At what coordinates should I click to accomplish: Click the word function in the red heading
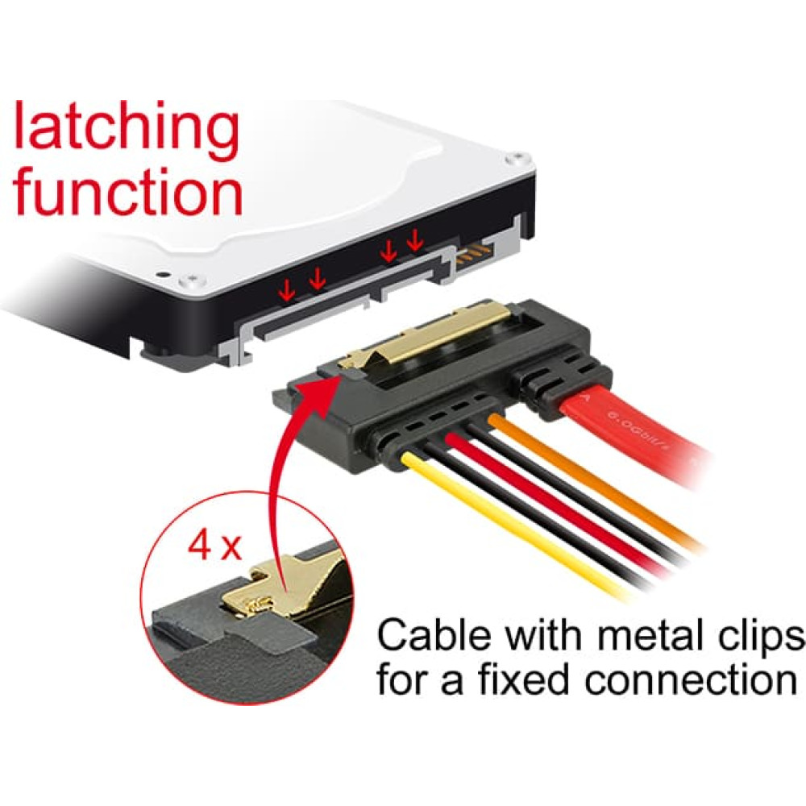pos(128,190)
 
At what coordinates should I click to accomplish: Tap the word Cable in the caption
pos(434,635)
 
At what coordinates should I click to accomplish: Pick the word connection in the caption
pos(691,679)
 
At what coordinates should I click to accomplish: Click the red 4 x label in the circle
pos(214,546)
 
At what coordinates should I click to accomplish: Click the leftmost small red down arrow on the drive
pos(286,292)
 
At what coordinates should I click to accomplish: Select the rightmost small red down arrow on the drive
pos(415,240)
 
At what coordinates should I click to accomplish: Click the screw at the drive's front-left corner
pos(193,280)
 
